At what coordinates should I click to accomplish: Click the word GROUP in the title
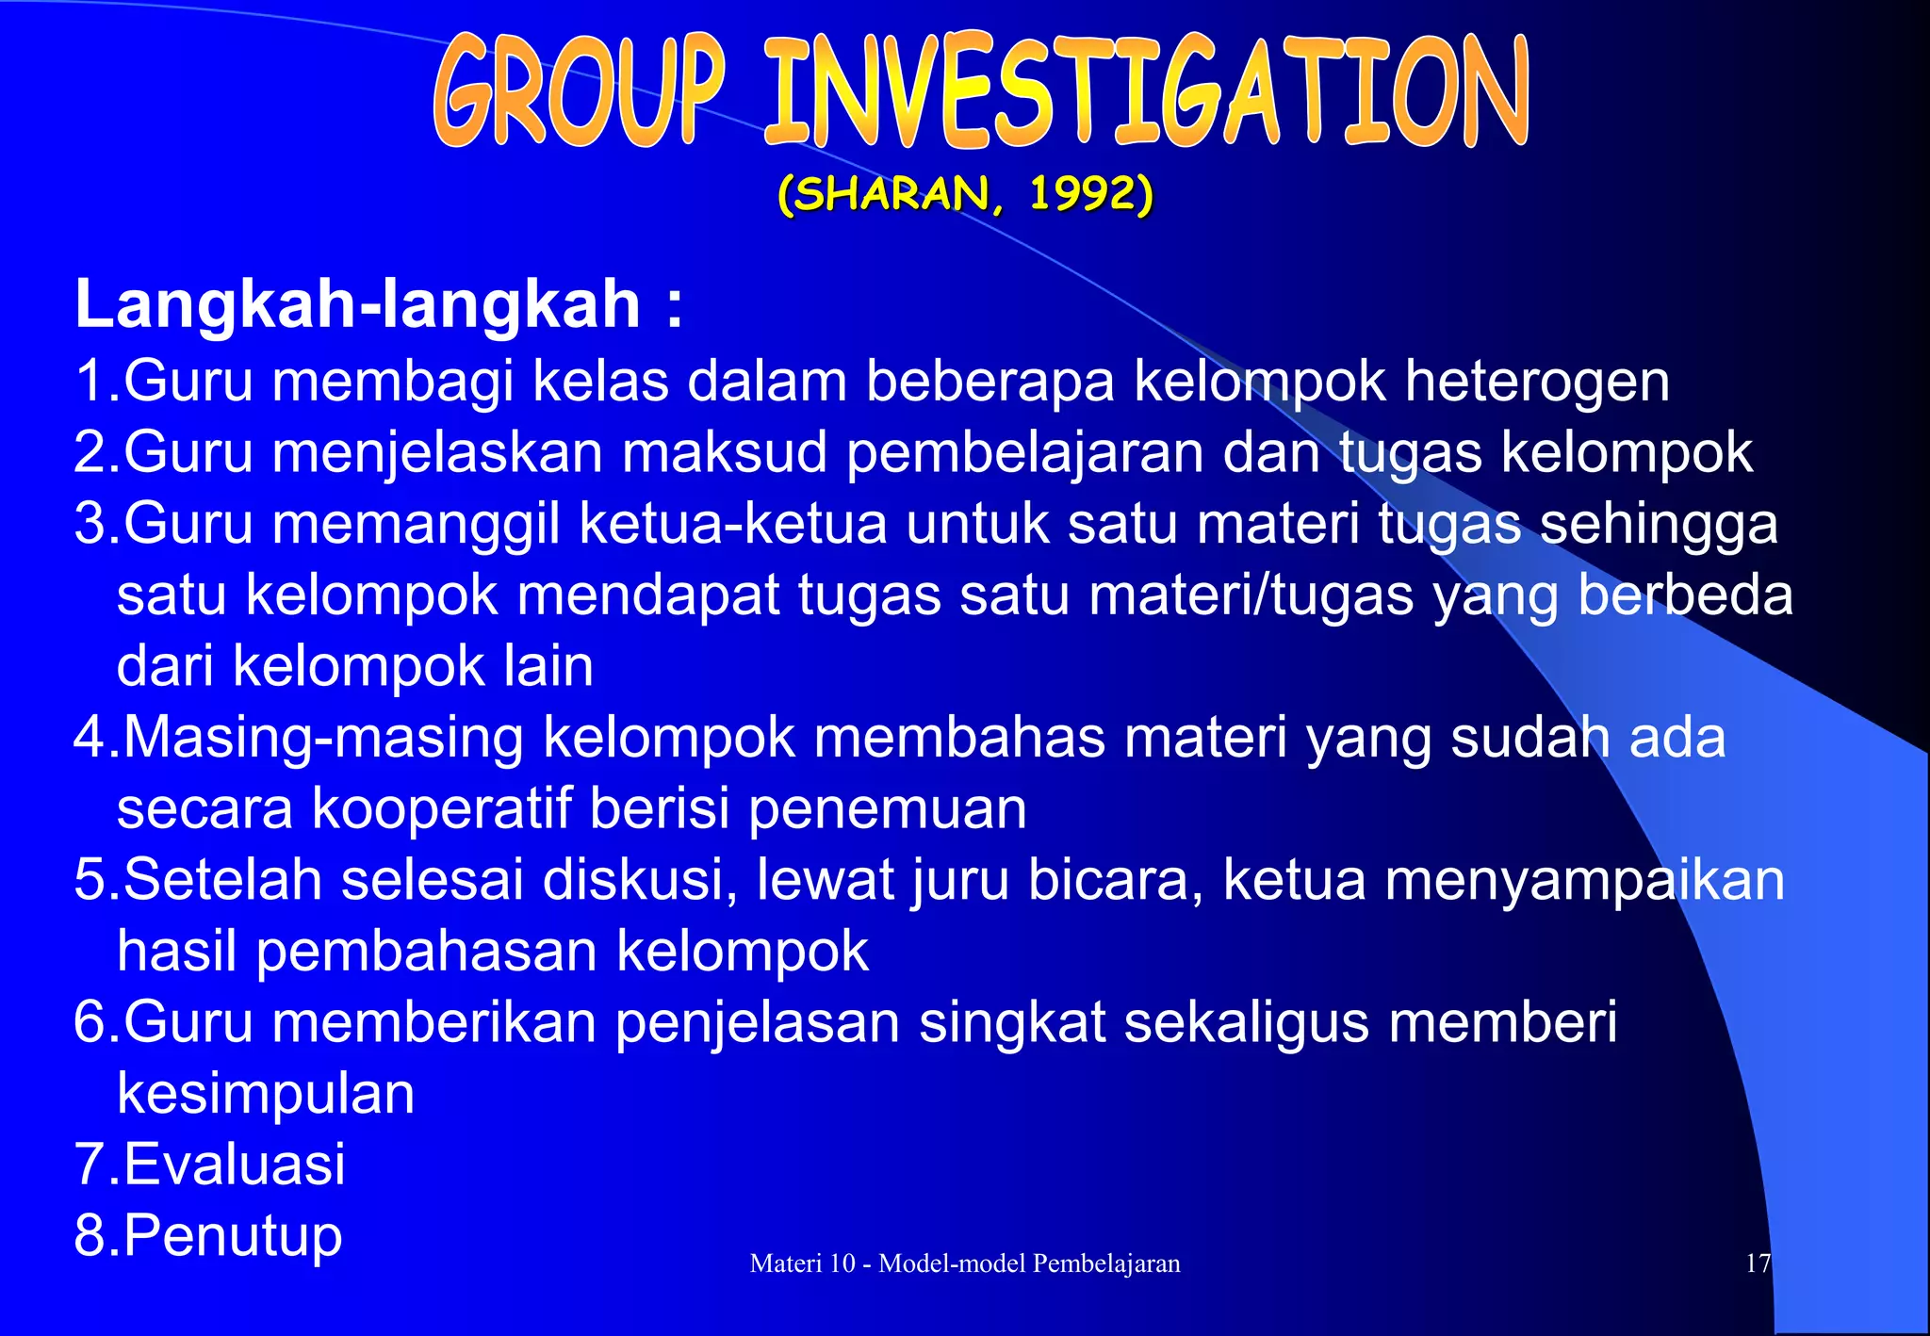[x=581, y=92]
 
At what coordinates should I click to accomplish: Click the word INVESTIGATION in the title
[x=1146, y=92]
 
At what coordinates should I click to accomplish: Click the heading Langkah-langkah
[x=358, y=304]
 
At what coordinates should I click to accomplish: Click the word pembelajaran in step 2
[x=1024, y=453]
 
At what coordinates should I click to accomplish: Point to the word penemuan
[x=887, y=808]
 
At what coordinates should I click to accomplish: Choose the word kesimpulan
[x=266, y=1093]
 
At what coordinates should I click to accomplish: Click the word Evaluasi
[x=235, y=1164]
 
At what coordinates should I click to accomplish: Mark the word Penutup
[x=233, y=1235]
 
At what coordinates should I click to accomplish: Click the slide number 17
[x=1758, y=1263]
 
